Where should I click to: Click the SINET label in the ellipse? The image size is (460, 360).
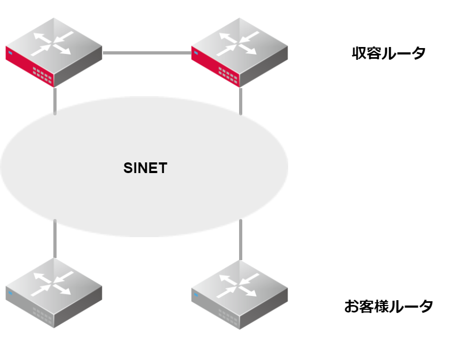tap(145, 168)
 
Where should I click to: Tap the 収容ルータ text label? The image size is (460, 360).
tap(388, 53)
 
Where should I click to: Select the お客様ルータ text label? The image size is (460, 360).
tap(388, 307)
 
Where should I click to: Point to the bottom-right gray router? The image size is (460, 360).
tap(239, 293)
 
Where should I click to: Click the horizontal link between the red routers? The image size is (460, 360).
tap(147, 52)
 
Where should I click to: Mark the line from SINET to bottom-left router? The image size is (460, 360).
tap(55, 238)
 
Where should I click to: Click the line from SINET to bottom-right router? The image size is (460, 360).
tap(241, 238)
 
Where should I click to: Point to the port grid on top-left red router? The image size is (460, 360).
tap(42, 75)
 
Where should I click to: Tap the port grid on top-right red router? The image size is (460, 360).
tap(228, 75)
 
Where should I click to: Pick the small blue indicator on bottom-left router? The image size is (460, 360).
tap(10, 293)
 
